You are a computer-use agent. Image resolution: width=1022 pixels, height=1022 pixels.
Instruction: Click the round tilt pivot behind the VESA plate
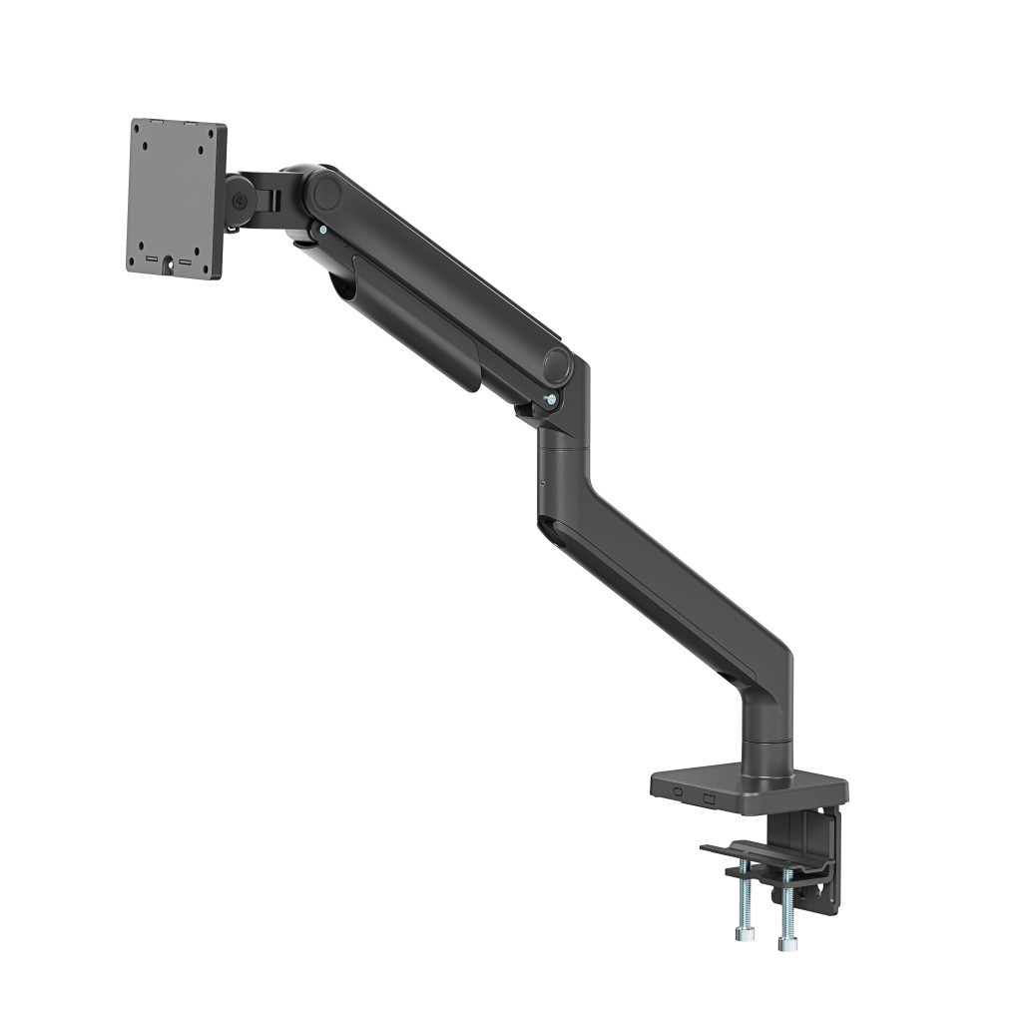click(x=241, y=200)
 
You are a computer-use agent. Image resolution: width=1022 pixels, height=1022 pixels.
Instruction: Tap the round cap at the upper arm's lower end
click(x=557, y=366)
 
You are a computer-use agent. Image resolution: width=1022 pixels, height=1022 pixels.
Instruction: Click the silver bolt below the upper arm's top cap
click(x=321, y=231)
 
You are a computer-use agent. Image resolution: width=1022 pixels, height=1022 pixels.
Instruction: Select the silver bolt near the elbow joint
click(x=550, y=401)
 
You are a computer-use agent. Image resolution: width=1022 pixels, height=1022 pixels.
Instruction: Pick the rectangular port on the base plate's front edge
click(x=709, y=797)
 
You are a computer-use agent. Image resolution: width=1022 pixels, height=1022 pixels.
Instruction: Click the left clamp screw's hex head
click(x=744, y=934)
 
